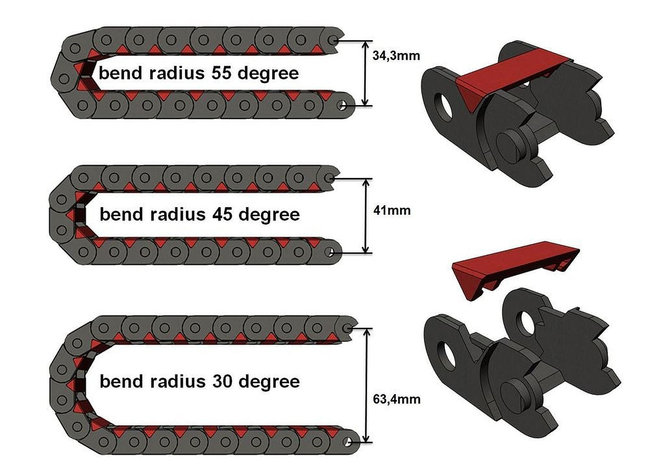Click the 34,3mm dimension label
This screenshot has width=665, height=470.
(396, 56)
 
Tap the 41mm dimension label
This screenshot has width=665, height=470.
(392, 210)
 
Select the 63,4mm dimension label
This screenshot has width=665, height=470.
(396, 399)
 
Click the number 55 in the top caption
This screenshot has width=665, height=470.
(221, 73)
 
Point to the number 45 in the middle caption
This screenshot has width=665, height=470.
(222, 214)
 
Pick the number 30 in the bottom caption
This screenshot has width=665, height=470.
(222, 381)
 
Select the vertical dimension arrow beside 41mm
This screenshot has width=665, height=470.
(366, 216)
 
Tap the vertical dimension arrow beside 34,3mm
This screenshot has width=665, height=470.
(365, 73)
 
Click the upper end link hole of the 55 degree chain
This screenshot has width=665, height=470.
(333, 40)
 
